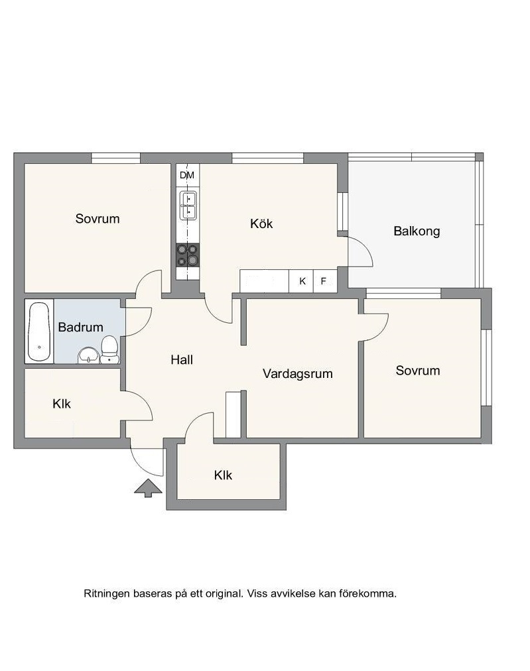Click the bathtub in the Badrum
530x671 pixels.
38,332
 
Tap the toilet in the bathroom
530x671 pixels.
109,349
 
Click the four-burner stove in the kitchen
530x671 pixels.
188,255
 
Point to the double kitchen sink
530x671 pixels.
188,206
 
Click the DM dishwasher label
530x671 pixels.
187,175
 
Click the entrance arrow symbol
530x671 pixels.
148,488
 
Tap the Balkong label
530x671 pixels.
417,231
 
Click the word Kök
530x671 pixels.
261,223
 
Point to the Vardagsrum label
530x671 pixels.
298,374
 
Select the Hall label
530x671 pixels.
182,360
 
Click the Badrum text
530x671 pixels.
80,328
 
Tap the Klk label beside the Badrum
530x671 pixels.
62,404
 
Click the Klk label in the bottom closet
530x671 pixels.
223,475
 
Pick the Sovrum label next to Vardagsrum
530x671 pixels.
417,371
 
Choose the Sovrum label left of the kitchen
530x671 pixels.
98,219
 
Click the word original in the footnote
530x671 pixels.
223,593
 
